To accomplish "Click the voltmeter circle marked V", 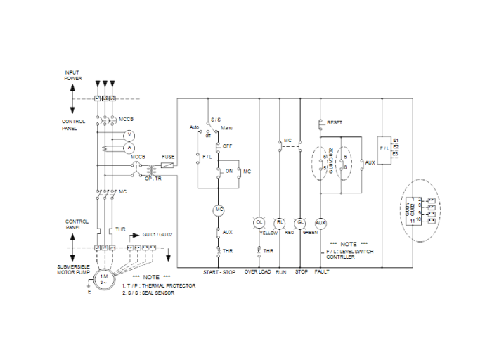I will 129,134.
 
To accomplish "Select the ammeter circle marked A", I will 129,147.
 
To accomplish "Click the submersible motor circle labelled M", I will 104,278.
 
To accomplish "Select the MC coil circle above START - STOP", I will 218,210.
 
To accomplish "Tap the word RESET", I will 335,122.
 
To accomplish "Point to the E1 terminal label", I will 396,140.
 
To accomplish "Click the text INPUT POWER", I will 73,75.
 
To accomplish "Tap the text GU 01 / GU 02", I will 157,233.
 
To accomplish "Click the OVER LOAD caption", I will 257,271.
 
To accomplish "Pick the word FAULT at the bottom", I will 322,271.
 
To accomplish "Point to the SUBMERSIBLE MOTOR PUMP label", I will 72,271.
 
